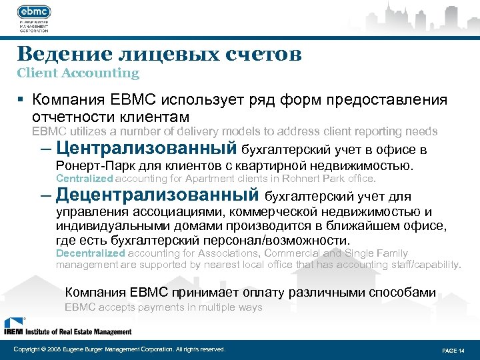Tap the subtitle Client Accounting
click(78, 73)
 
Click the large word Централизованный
click(147, 147)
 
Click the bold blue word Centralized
click(85, 179)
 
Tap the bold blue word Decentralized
click(90, 253)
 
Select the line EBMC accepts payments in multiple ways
click(163, 307)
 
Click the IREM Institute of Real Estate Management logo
click(67, 326)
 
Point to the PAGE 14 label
click(453, 350)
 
